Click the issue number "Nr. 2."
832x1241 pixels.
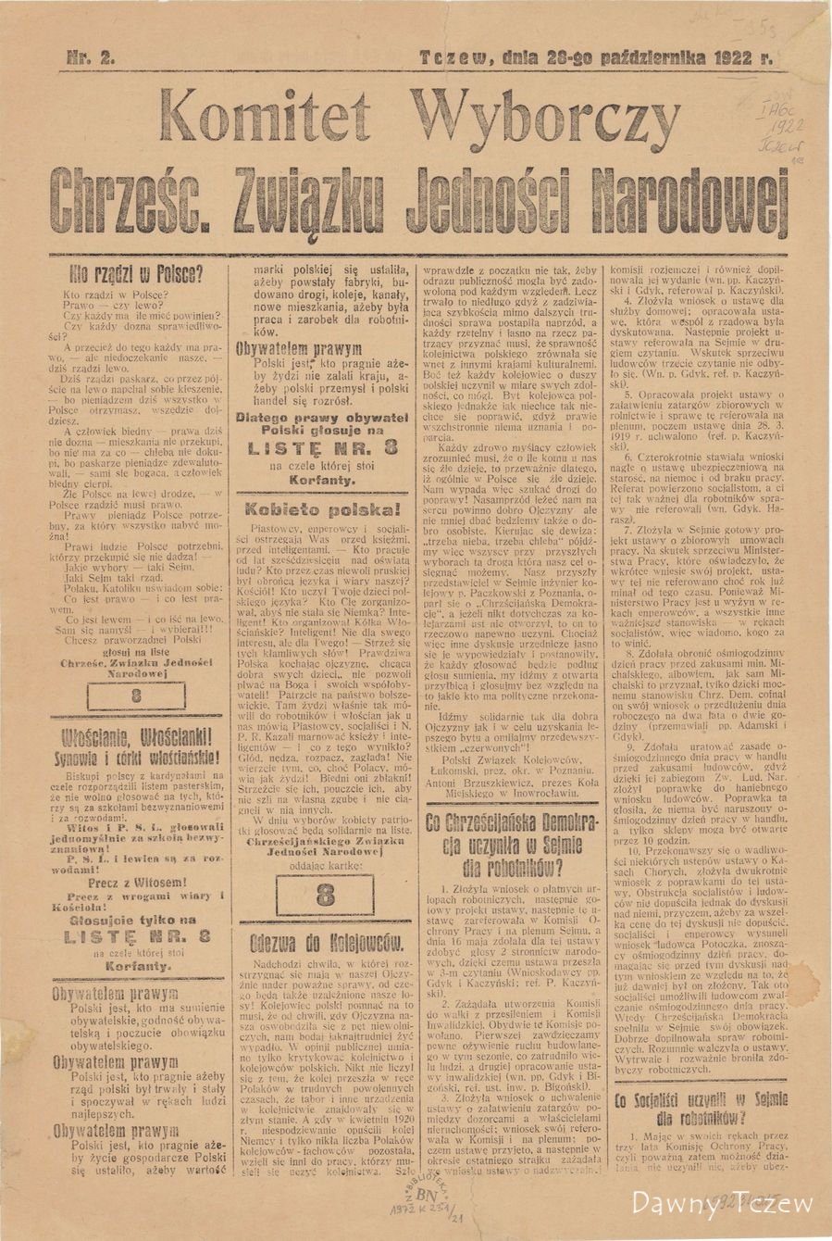coord(91,57)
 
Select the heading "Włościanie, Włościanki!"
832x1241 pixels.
coord(137,738)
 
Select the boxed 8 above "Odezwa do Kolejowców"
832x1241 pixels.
coord(325,895)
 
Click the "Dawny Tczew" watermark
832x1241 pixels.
coord(721,1204)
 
